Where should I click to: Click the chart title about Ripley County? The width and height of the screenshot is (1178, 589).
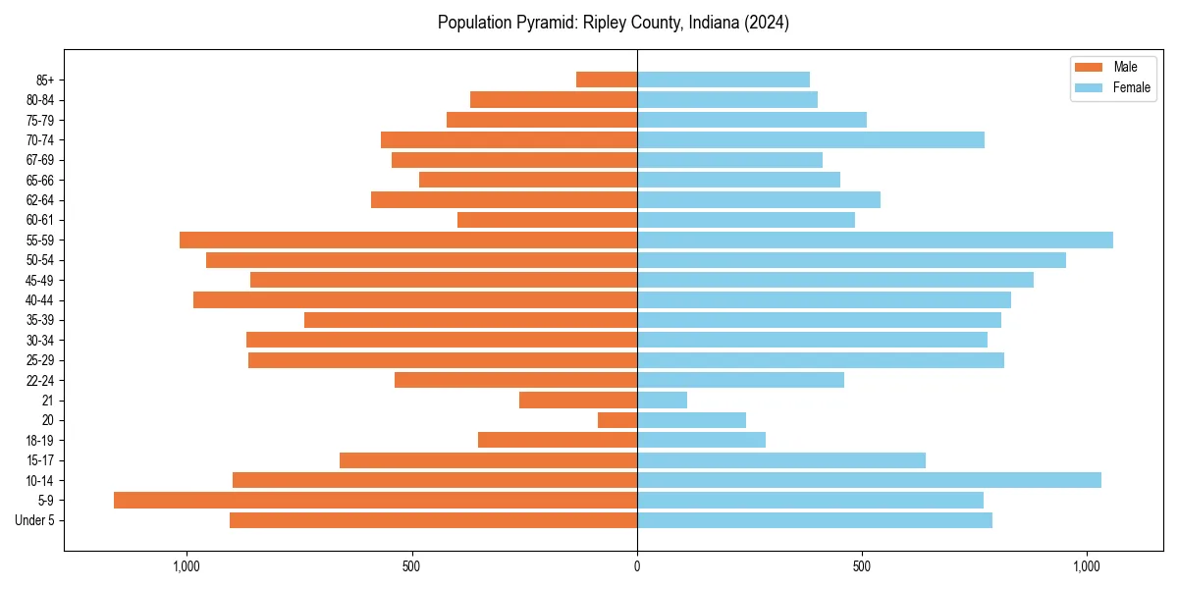pyautogui.click(x=613, y=23)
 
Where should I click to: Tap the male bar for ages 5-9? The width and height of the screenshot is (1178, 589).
pyautogui.click(x=375, y=500)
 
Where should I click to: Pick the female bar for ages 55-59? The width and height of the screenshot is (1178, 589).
pyautogui.click(x=875, y=240)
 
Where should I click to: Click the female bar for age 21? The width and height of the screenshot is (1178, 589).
pyautogui.click(x=662, y=400)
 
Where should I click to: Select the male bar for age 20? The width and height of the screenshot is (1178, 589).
pyautogui.click(x=617, y=420)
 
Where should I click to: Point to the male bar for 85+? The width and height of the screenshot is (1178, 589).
pyautogui.click(x=607, y=80)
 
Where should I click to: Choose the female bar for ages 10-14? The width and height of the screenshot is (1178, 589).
pyautogui.click(x=869, y=480)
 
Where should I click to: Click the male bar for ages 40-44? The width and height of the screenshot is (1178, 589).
pyautogui.click(x=415, y=299)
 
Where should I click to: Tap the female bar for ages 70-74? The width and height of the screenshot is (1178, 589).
pyautogui.click(x=811, y=139)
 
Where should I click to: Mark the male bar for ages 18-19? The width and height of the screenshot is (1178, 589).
pyautogui.click(x=558, y=440)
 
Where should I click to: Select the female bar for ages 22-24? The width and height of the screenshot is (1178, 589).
pyautogui.click(x=740, y=380)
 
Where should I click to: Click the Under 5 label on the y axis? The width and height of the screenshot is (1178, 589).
pyautogui.click(x=34, y=520)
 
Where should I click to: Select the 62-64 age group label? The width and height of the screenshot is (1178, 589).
pyautogui.click(x=40, y=200)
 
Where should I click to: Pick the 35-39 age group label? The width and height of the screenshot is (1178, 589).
pyautogui.click(x=40, y=320)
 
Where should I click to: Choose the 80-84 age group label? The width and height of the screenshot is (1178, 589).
pyautogui.click(x=40, y=100)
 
